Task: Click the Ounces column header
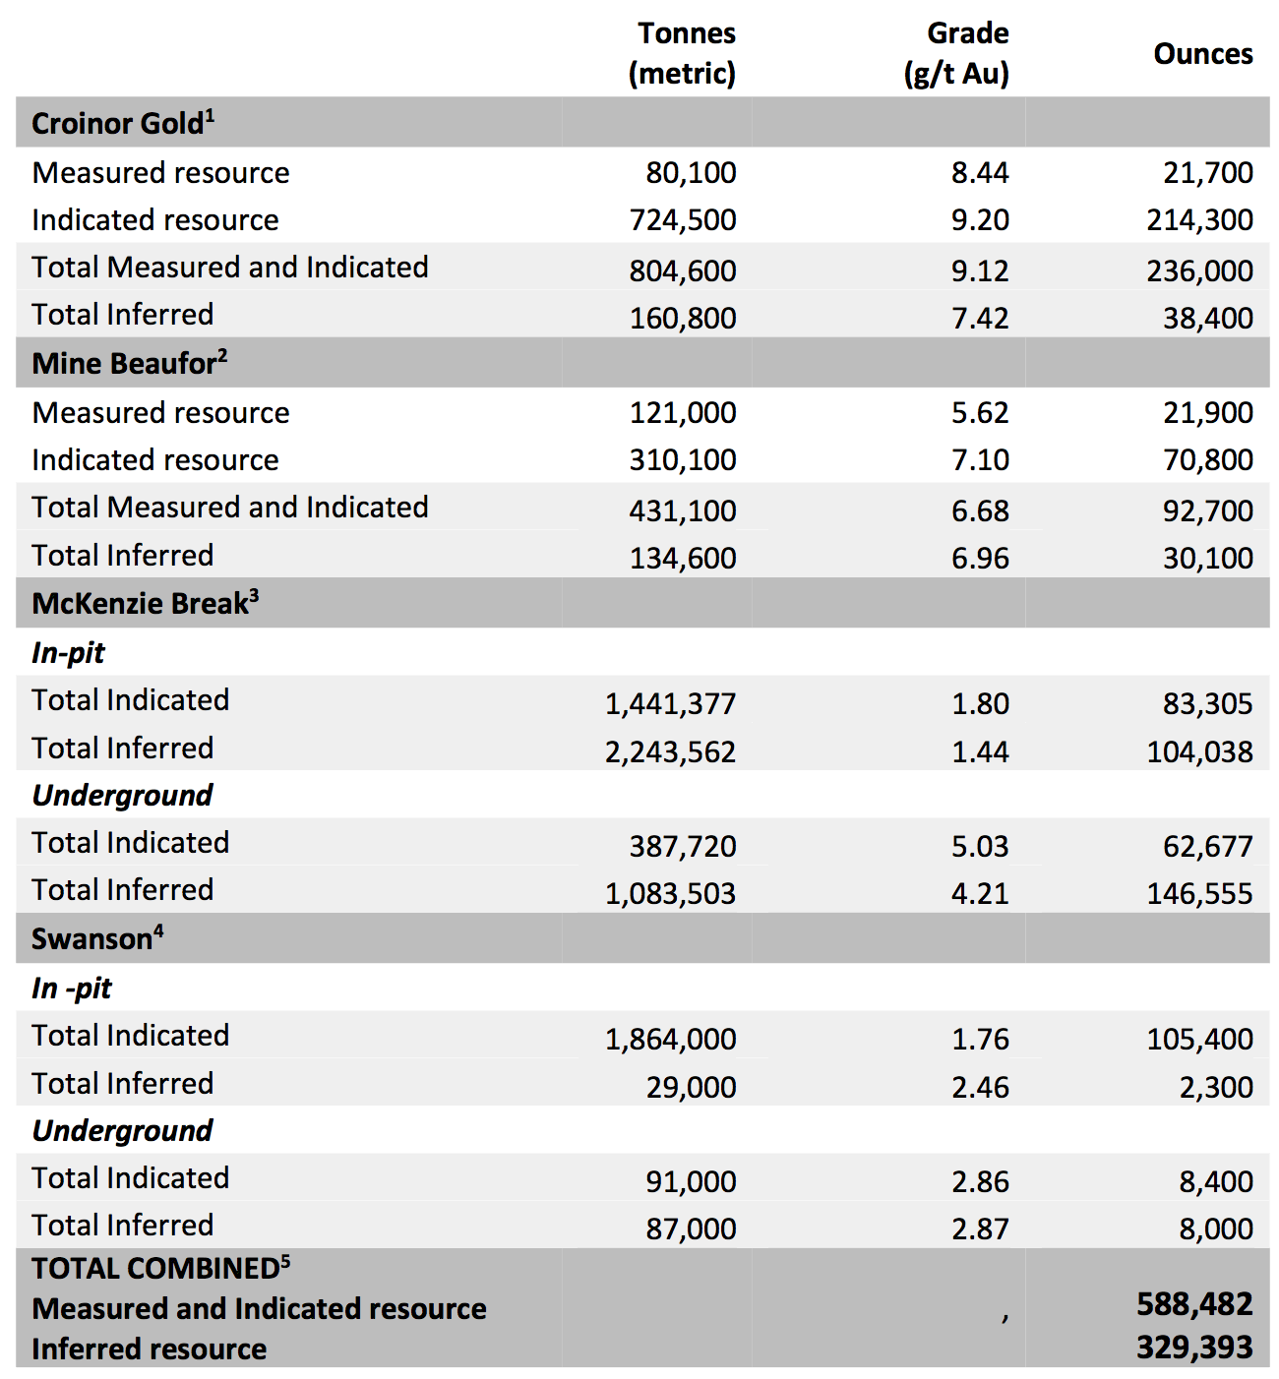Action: (1202, 54)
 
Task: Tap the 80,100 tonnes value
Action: (691, 173)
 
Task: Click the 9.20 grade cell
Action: (980, 220)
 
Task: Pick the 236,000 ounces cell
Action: (1199, 270)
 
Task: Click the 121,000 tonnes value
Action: (683, 413)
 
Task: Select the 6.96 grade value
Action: (980, 559)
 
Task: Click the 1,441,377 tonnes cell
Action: (670, 704)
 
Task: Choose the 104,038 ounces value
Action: (1199, 752)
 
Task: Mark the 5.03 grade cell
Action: (980, 847)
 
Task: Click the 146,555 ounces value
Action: (1199, 894)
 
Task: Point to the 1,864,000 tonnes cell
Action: (670, 1040)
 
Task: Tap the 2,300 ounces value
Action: (1216, 1088)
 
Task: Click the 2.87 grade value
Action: (980, 1229)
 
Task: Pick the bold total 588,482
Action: (1194, 1304)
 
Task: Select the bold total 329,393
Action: (1194, 1348)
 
